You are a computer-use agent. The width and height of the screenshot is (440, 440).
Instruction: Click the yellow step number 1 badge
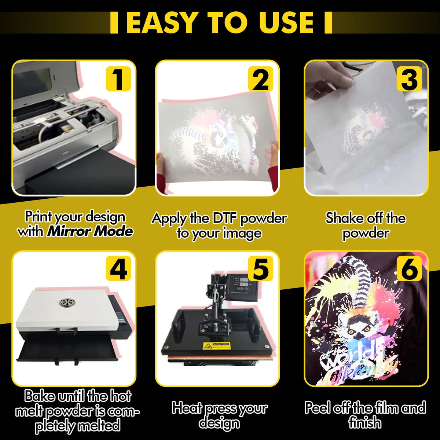(118, 79)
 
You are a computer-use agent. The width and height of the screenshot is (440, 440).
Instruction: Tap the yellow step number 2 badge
(261, 79)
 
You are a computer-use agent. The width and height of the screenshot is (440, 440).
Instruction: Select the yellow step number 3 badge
(409, 79)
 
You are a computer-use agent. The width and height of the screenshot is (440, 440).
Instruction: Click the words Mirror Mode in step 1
(89, 231)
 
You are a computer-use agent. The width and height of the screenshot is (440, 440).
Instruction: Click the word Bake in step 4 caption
(41, 396)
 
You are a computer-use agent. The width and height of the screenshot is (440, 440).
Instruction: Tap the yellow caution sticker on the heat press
(217, 345)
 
